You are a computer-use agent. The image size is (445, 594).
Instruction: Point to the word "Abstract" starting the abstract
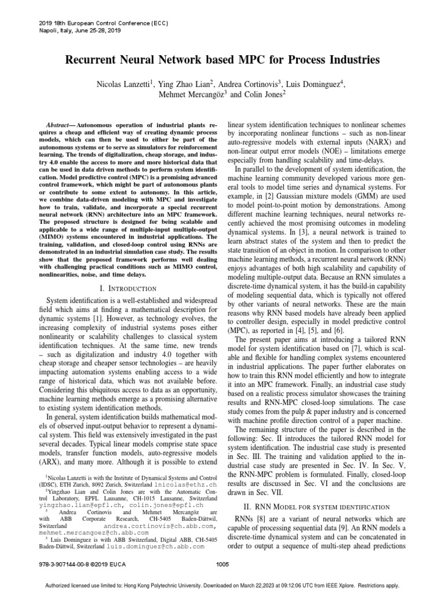point(60,125)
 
